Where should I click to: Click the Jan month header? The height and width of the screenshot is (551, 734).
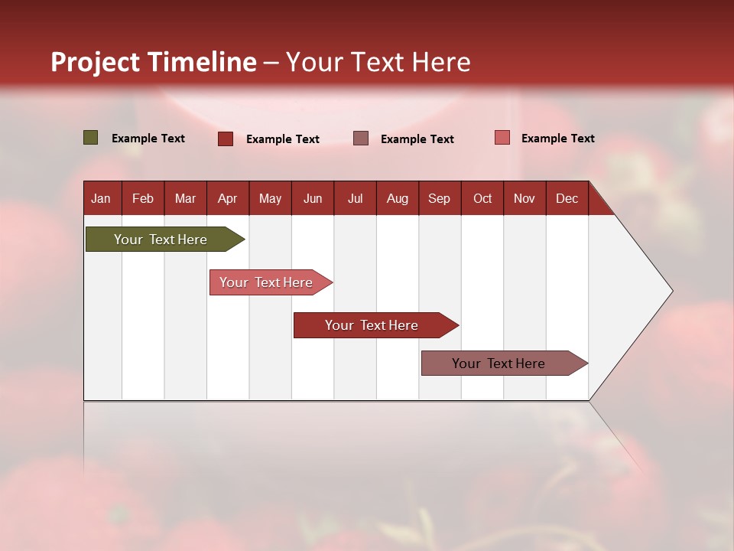[101, 198]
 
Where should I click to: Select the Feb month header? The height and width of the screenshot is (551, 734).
[143, 198]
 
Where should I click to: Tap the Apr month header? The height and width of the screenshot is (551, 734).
[227, 198]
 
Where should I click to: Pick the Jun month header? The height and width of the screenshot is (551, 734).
[313, 198]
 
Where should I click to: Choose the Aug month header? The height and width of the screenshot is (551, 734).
[397, 198]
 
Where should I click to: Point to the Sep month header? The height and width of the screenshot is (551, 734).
[439, 198]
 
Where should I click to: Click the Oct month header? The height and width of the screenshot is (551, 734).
[482, 198]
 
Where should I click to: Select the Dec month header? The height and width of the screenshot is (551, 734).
[567, 198]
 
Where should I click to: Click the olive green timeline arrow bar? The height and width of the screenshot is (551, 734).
[161, 240]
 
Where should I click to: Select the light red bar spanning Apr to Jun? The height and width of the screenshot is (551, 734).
[266, 282]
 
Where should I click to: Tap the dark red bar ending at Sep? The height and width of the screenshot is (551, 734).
[372, 325]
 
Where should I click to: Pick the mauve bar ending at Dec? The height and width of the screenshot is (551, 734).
[499, 364]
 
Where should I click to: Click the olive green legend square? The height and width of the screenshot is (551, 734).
[91, 138]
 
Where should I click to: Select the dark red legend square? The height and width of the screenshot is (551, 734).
[226, 139]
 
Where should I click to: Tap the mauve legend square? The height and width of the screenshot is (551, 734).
[361, 138]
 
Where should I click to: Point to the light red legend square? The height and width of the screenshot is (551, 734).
[502, 138]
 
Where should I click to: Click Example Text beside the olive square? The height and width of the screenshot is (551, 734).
[148, 139]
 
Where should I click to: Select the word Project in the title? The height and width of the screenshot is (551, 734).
[96, 62]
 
